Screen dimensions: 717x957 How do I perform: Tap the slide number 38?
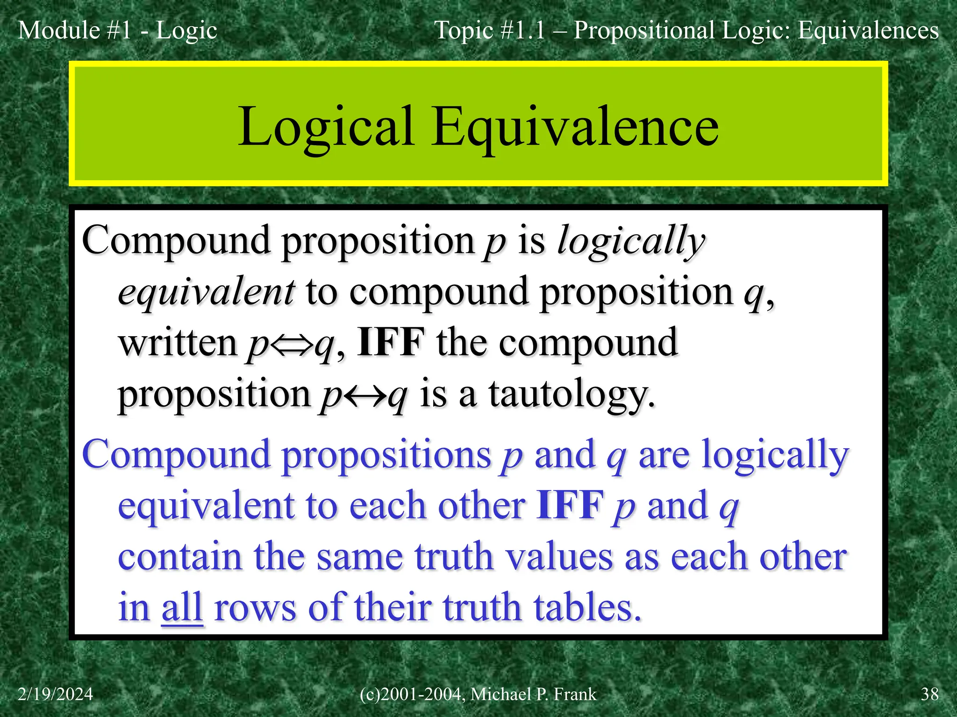click(x=929, y=694)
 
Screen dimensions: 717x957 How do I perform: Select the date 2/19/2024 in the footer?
click(x=56, y=694)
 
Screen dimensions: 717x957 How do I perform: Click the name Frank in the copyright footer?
click(x=575, y=694)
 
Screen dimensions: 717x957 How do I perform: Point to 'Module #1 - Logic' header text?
click(x=117, y=31)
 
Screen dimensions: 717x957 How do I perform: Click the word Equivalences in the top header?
click(x=868, y=31)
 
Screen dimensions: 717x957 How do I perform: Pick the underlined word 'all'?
click(x=182, y=607)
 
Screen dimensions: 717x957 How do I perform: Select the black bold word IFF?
click(x=391, y=342)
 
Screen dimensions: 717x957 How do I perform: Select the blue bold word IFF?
click(x=570, y=505)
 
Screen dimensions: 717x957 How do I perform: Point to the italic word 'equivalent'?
click(x=206, y=292)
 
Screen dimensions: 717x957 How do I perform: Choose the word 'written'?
click(x=178, y=342)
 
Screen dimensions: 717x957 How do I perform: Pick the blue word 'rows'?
click(x=255, y=607)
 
